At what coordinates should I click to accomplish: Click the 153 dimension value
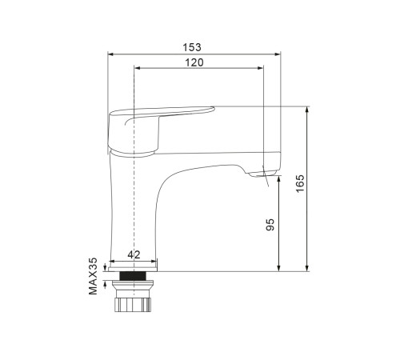[x=192, y=47]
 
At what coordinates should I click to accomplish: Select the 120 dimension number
[x=194, y=62]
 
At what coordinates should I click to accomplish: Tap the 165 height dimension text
[x=300, y=183]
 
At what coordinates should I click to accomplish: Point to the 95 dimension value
[x=270, y=225]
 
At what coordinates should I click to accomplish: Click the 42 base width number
[x=134, y=255]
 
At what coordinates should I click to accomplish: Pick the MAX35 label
[x=93, y=276]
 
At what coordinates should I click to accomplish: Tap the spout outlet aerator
[x=262, y=174]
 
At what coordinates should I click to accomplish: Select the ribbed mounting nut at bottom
[x=133, y=305]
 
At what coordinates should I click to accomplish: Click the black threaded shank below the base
[x=133, y=276]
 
